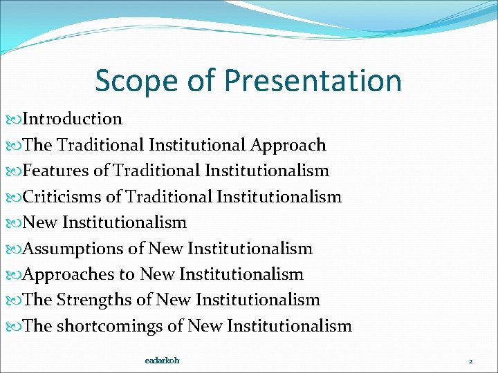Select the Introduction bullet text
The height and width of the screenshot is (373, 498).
73,119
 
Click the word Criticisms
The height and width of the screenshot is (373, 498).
62,197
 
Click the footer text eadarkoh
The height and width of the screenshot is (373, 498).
162,361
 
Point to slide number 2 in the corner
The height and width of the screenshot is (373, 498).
470,361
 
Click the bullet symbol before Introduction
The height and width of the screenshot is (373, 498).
17,119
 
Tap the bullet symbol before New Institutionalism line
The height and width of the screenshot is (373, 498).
17,223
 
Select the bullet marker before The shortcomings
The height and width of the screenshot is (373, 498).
17,327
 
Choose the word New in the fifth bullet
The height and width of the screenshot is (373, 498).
41,222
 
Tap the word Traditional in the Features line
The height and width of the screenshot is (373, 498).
157,171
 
